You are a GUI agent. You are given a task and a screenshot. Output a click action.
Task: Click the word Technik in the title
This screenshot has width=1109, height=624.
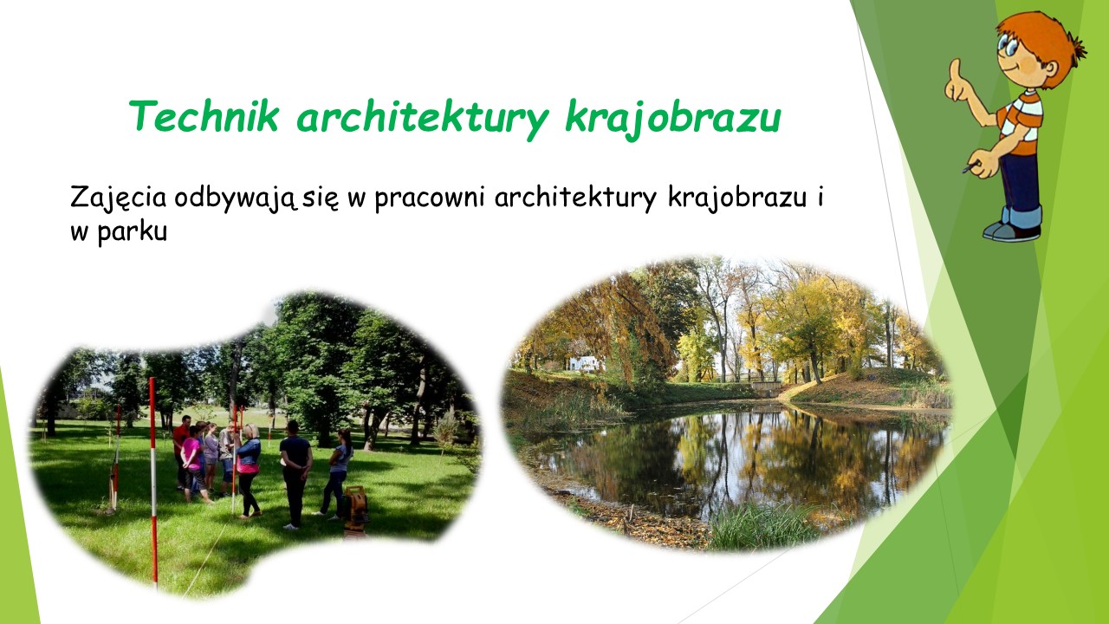pos(204,116)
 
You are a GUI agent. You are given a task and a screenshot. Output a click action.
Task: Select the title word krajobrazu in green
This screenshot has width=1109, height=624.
pos(673,120)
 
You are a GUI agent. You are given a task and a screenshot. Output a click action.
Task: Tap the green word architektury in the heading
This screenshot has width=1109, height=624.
pos(422,120)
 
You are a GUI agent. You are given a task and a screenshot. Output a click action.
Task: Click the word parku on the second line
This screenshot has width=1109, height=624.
pos(133,232)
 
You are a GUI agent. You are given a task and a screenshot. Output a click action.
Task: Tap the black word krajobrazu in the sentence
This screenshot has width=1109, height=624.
pos(737,198)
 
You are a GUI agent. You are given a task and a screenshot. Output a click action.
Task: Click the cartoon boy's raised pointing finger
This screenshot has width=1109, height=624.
pos(955,69)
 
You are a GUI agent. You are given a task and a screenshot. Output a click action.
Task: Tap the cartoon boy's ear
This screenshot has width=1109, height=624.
pos(1050,68)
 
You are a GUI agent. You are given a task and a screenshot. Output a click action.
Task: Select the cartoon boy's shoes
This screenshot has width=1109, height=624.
pos(1013,231)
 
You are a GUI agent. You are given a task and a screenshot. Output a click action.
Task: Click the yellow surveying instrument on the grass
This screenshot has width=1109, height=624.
pos(355,510)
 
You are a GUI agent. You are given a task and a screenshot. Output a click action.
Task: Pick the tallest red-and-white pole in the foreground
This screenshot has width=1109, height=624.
pos(153,483)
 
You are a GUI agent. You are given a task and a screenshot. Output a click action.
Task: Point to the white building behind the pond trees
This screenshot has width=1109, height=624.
pos(584,363)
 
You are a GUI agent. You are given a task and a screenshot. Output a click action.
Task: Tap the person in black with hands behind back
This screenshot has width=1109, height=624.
pos(295,474)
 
